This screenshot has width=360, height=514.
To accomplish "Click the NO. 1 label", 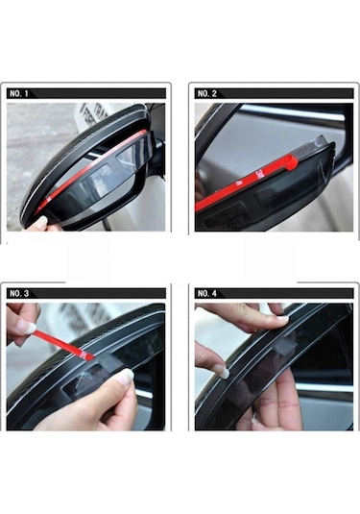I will tap(19, 93).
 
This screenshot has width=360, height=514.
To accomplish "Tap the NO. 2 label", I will tap(207, 93).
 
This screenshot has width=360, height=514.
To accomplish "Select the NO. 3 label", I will tap(19, 293).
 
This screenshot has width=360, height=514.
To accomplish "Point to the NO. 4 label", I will tap(207, 293).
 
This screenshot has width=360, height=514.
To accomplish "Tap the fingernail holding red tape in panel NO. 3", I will tap(30, 328).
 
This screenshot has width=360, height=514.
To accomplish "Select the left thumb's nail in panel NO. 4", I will tap(222, 370).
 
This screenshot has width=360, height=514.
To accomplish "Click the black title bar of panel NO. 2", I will tap(288, 93).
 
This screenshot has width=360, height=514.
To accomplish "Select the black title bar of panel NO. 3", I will tap(96, 293).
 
